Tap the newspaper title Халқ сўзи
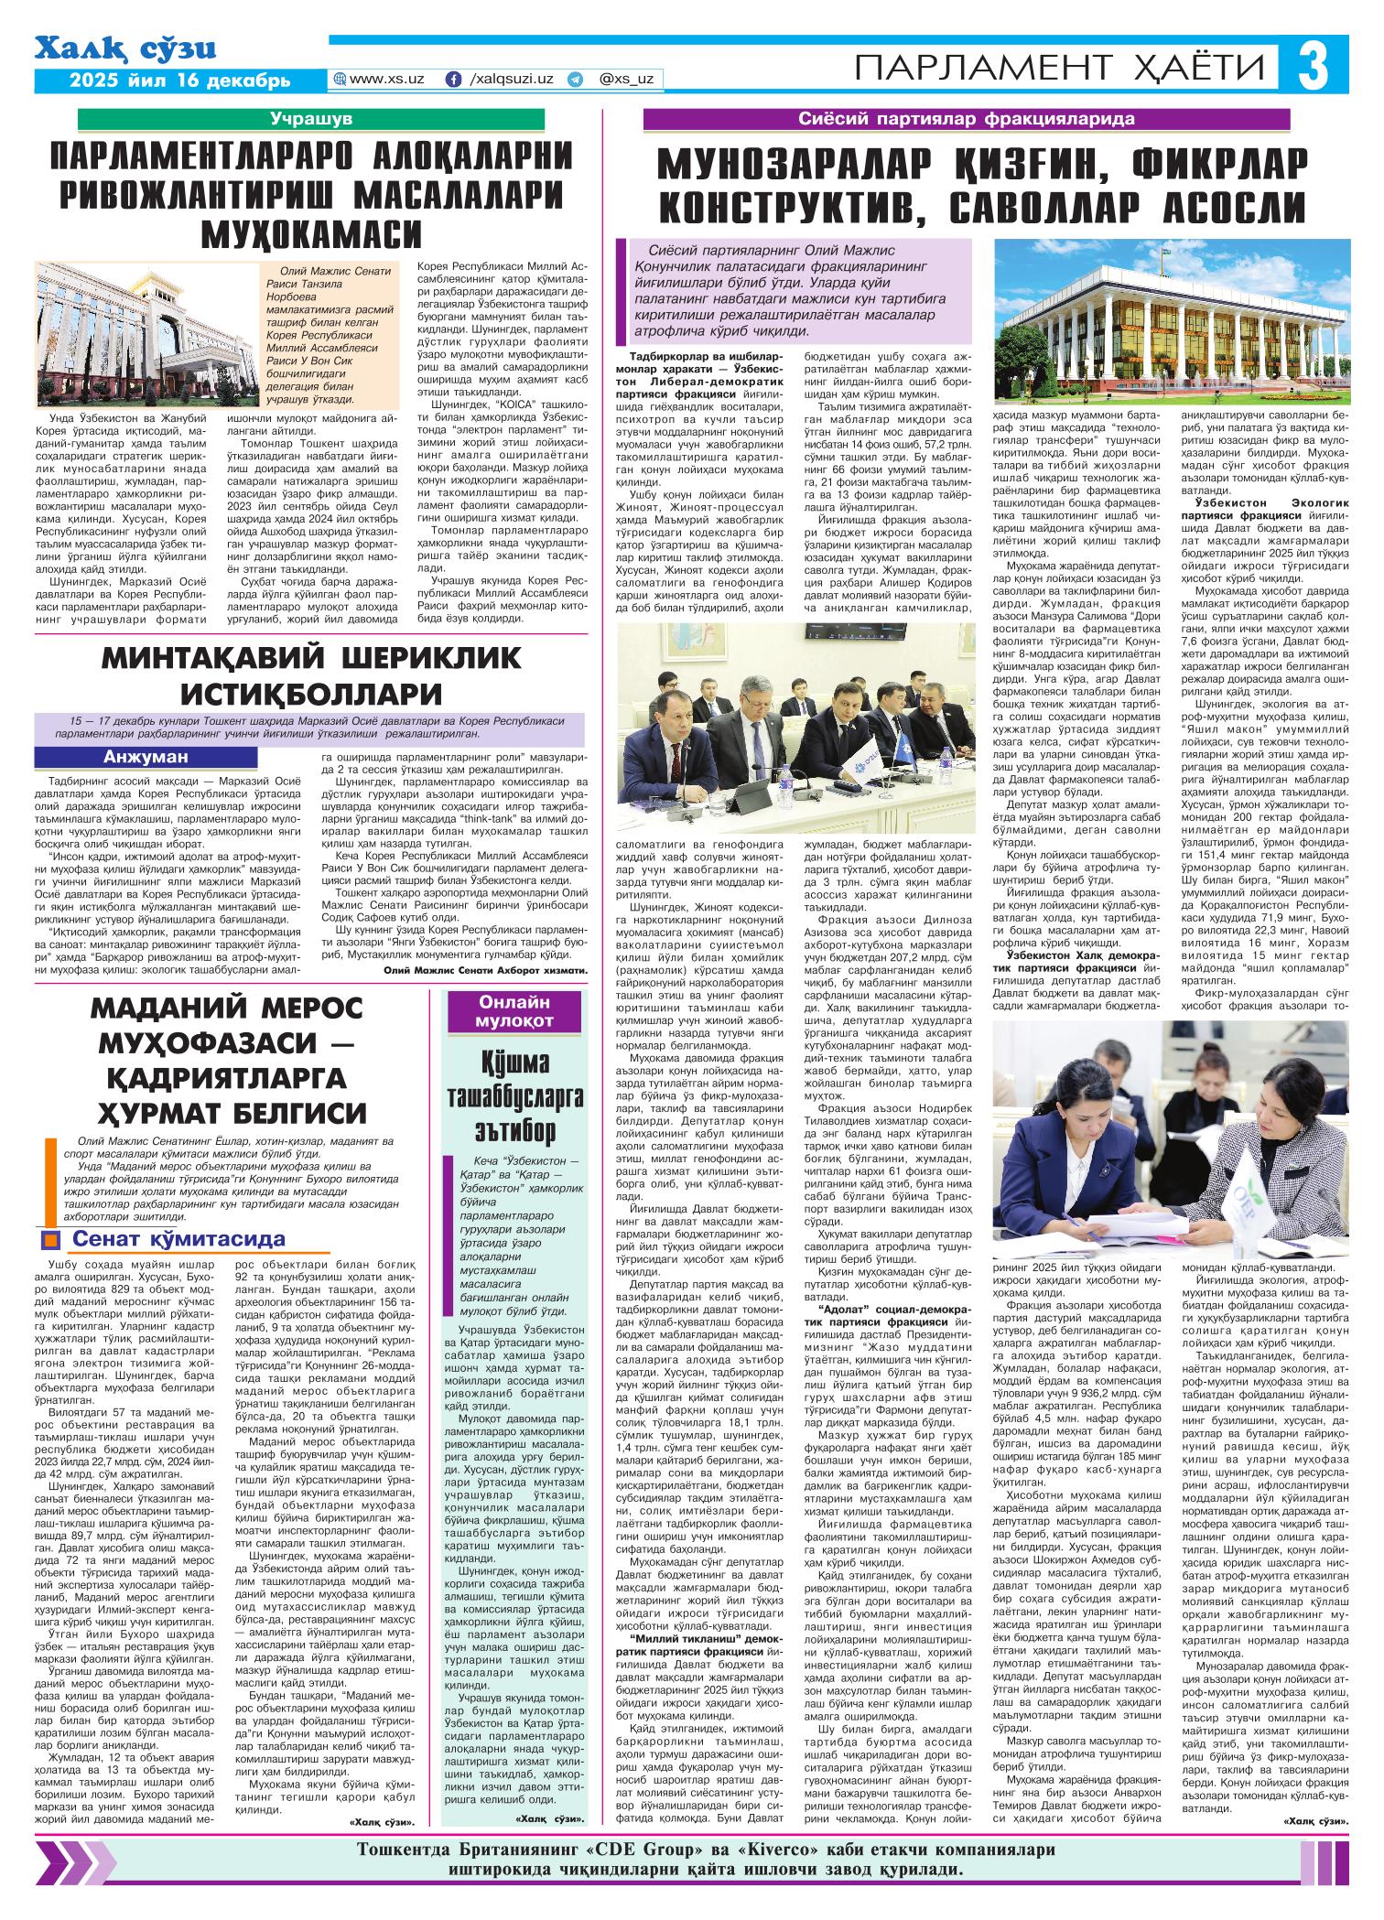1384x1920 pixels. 126,49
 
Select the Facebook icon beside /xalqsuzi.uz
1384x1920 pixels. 452,80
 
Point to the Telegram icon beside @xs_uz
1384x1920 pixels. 575,80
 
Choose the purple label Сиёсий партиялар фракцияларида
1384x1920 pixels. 967,119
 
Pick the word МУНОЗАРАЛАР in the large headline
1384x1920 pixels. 797,166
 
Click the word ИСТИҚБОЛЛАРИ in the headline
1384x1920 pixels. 311,691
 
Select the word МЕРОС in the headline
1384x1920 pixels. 303,1009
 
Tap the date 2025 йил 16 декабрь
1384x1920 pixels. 180,81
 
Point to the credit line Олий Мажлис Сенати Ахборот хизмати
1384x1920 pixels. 485,969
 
